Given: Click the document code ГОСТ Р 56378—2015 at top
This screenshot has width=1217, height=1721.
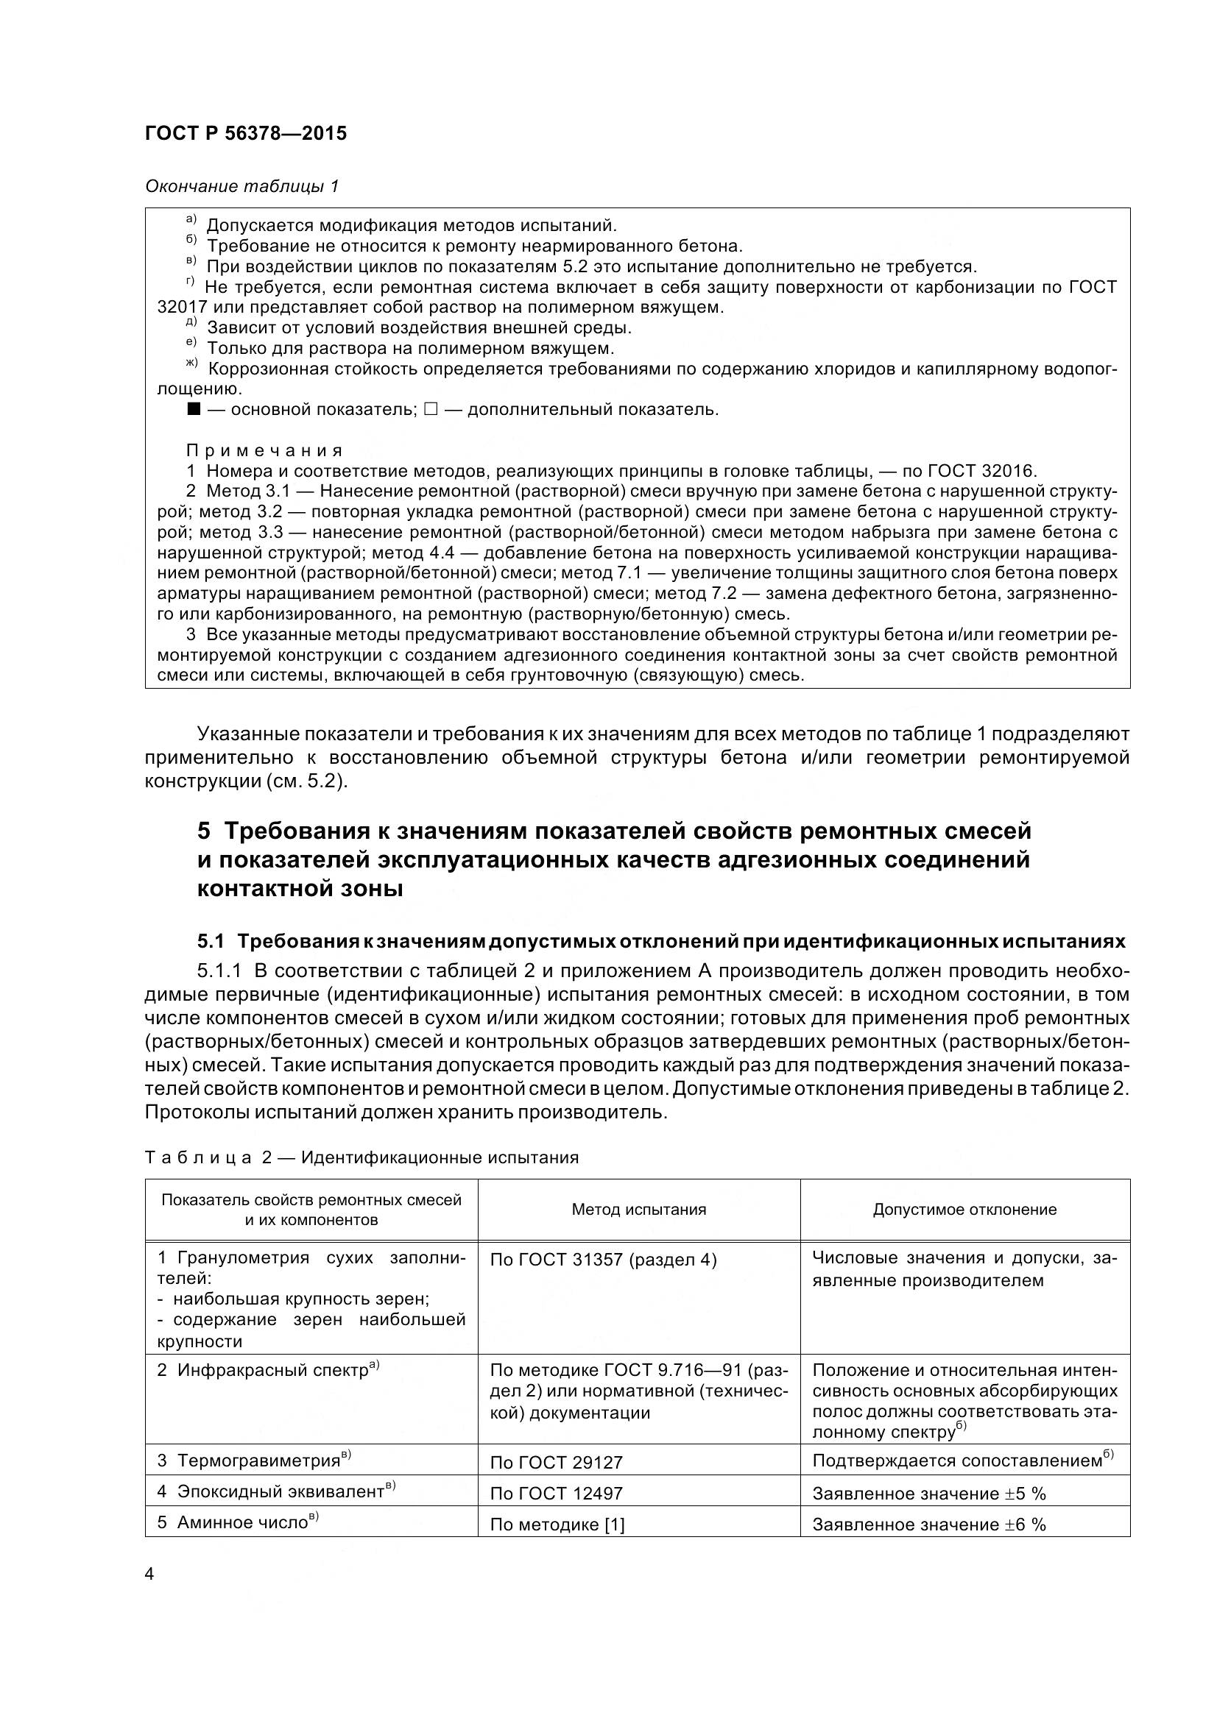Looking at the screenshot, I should pos(246,134).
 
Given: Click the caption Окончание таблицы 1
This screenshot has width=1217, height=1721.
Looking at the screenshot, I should pos(242,186).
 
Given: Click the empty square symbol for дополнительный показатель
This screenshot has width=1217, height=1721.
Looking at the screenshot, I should pos(431,410).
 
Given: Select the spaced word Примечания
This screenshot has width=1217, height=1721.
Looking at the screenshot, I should pos(264,451).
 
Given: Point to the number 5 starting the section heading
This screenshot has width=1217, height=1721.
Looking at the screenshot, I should pos(204,831).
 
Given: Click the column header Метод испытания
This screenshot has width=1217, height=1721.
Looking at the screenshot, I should pos(639,1209).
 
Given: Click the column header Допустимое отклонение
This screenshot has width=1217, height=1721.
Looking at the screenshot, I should pos(964,1209).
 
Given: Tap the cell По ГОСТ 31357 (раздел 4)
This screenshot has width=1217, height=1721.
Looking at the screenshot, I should pos(603,1260).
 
